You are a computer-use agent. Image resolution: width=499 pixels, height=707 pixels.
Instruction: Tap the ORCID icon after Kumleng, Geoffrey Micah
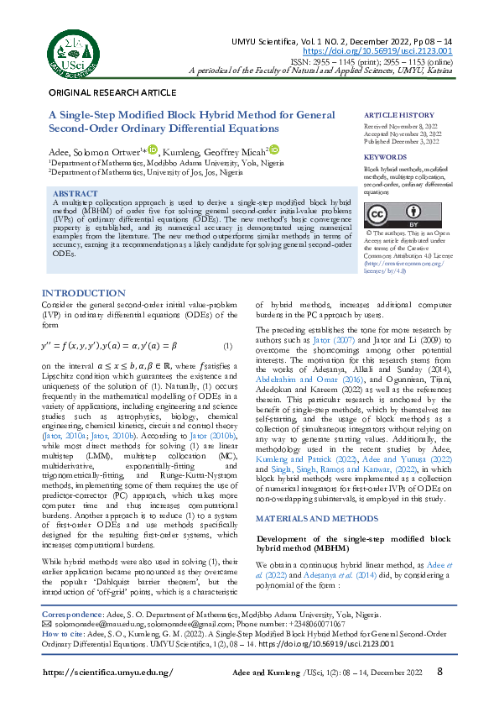(x=274, y=149)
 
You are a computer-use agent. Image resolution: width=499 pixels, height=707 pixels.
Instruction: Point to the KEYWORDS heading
(x=386, y=157)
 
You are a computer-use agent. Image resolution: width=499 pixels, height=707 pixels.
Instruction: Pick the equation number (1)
(x=226, y=347)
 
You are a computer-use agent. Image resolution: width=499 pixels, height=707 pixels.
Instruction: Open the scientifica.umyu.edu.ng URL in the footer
(x=107, y=673)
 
